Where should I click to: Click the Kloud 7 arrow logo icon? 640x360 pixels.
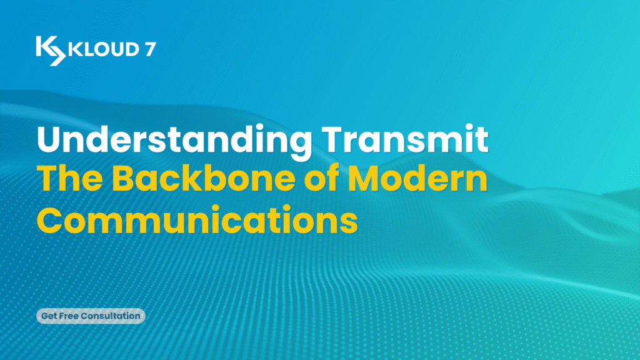click(x=51, y=51)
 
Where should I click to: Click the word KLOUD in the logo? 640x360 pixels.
click(x=104, y=49)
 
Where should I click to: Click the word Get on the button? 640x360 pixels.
click(x=49, y=316)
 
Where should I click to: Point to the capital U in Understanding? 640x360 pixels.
click(x=49, y=139)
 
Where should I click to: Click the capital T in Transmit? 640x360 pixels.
click(x=334, y=139)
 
